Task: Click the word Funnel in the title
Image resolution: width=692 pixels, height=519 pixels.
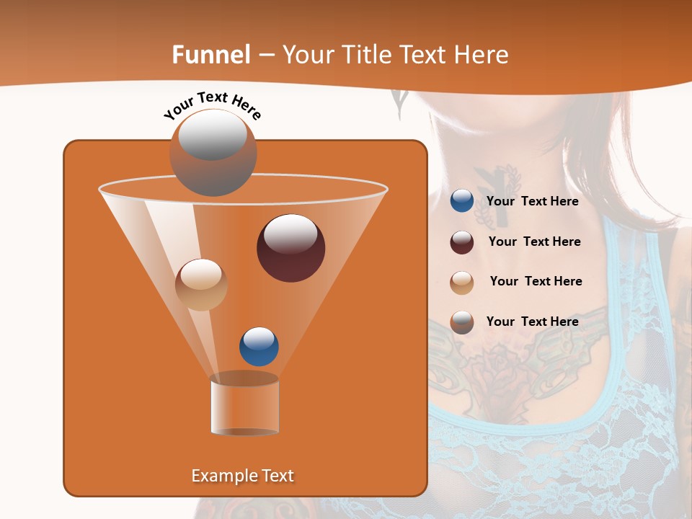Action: tap(211, 55)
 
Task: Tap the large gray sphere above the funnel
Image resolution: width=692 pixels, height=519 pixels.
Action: tap(213, 152)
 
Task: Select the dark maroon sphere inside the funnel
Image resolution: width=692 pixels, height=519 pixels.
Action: tap(290, 248)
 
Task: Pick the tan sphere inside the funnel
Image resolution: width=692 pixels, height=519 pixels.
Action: tap(201, 285)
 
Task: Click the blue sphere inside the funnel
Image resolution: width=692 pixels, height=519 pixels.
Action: tap(259, 347)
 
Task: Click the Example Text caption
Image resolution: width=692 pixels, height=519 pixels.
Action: tap(242, 476)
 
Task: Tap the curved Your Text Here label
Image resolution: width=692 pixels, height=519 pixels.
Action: tap(212, 105)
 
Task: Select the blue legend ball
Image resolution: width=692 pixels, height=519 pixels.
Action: tap(462, 201)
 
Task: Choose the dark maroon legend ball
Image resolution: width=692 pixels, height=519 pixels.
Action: tap(462, 242)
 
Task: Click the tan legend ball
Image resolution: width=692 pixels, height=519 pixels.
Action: tap(462, 282)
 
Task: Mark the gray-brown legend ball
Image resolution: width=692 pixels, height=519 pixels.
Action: tap(462, 322)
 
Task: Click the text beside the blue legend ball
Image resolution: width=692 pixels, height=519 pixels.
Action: tap(532, 202)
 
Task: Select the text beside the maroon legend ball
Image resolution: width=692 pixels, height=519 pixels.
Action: tap(534, 242)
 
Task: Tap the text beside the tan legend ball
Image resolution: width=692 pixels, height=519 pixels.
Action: tap(536, 282)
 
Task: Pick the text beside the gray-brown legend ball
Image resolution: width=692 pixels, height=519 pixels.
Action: tap(532, 322)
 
